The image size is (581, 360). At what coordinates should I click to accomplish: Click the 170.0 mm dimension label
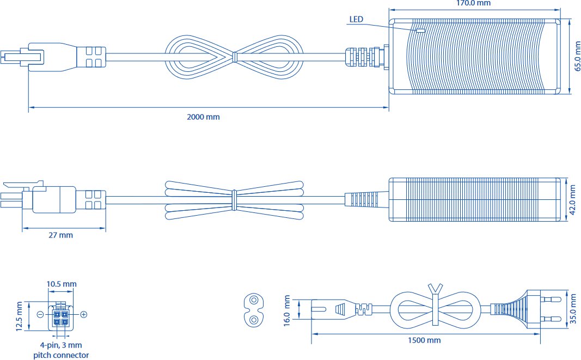tap(473, 3)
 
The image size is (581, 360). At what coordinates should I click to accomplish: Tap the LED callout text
tap(356, 19)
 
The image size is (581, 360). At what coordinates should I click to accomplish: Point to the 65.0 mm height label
tap(577, 56)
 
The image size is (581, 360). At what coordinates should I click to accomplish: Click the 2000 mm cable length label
tap(203, 117)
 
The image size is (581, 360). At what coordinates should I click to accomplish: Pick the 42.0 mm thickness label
tap(572, 200)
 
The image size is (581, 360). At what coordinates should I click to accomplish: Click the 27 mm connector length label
tap(61, 235)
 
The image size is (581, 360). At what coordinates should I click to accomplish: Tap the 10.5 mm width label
tap(62, 284)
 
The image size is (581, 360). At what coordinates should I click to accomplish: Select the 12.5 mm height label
tap(19, 316)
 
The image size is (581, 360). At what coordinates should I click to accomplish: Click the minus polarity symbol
tap(40, 314)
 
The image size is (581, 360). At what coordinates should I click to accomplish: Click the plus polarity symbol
tap(84, 314)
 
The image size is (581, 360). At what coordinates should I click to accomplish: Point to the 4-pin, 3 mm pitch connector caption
tap(61, 350)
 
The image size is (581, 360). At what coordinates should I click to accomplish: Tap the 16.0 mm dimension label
tap(287, 310)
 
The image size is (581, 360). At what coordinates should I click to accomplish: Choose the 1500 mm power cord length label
tap(424, 340)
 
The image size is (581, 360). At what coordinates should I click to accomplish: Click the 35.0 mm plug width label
tap(573, 309)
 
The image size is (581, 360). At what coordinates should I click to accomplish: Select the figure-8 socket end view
tap(253, 310)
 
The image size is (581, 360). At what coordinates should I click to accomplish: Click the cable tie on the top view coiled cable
tap(234, 57)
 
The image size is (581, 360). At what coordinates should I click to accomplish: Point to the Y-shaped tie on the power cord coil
tap(436, 304)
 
